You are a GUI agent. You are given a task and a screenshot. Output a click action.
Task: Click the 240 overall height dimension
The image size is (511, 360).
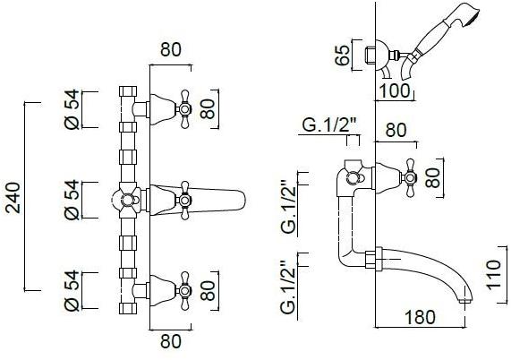(x=13, y=198)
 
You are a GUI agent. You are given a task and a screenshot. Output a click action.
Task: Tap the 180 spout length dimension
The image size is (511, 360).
(x=420, y=317)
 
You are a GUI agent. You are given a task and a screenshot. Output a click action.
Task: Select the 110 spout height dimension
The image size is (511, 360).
(x=493, y=275)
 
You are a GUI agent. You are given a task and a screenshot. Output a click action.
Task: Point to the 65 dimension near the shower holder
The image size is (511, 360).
(x=342, y=56)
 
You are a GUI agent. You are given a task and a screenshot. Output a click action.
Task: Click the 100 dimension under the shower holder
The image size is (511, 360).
(x=395, y=90)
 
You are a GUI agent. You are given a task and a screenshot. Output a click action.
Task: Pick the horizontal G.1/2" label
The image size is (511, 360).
(x=330, y=124)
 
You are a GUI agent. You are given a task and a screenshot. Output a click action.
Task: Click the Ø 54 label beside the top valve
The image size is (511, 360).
(x=72, y=109)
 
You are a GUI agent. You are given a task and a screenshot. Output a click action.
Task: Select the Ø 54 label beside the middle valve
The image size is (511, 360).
(x=72, y=200)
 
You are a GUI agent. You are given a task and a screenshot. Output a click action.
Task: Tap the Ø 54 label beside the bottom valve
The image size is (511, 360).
(x=72, y=290)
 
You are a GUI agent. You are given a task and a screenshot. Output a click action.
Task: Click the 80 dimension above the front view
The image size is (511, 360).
(x=170, y=49)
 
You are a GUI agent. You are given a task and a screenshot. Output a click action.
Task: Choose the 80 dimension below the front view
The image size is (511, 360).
(x=170, y=341)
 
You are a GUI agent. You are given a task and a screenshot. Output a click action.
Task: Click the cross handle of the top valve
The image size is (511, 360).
(x=184, y=109)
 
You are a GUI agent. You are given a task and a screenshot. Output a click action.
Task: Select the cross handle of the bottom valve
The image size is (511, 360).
(x=184, y=291)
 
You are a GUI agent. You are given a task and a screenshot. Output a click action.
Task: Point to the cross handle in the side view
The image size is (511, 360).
(x=410, y=177)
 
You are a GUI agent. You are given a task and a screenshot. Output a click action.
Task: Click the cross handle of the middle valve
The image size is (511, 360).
(x=184, y=200)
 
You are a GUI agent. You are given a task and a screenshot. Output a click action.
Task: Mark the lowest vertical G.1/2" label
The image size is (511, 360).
(x=288, y=287)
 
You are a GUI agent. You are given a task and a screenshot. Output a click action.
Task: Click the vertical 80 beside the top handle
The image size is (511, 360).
(x=208, y=109)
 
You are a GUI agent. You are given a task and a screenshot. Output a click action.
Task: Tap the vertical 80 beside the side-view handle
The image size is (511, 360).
(x=433, y=178)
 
